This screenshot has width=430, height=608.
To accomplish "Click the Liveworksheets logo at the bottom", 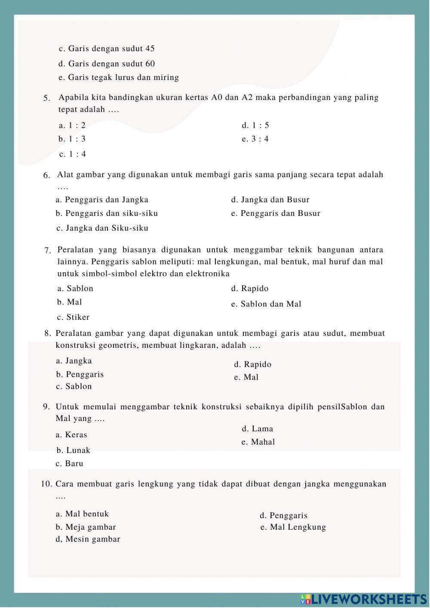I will pyautogui.click(x=363, y=599).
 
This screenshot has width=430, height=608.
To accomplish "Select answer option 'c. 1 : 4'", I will pyautogui.click(x=73, y=154).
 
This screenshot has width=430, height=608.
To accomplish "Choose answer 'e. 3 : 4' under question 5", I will pyautogui.click(x=255, y=139).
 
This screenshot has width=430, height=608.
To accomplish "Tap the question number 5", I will pyautogui.click(x=46, y=98).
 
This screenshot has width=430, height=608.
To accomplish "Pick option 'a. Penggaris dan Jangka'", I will pyautogui.click(x=102, y=200).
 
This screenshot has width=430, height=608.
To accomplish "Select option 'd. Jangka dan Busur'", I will pyautogui.click(x=270, y=200).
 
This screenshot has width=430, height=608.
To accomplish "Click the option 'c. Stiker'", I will pyautogui.click(x=73, y=317).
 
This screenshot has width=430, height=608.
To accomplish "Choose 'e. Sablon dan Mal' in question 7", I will pyautogui.click(x=266, y=304).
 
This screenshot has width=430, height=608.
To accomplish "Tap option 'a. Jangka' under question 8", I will pyautogui.click(x=74, y=361).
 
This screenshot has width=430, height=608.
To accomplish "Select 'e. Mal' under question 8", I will pyautogui.click(x=246, y=377).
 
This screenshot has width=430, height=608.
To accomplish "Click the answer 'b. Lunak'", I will pyautogui.click(x=73, y=450).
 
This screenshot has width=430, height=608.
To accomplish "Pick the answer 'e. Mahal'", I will pyautogui.click(x=258, y=442).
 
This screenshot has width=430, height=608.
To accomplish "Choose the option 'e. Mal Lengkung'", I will pyautogui.click(x=293, y=527).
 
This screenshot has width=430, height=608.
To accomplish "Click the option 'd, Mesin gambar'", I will pyautogui.click(x=88, y=539).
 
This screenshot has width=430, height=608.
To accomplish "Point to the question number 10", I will pyautogui.click(x=46, y=484).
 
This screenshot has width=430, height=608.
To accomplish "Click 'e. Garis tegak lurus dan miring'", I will pyautogui.click(x=119, y=78).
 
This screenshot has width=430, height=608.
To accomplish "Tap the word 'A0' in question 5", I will pyautogui.click(x=216, y=98).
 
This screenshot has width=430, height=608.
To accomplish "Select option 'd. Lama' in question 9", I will pyautogui.click(x=257, y=429).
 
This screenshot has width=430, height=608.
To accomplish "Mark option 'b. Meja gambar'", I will pyautogui.click(x=86, y=527).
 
